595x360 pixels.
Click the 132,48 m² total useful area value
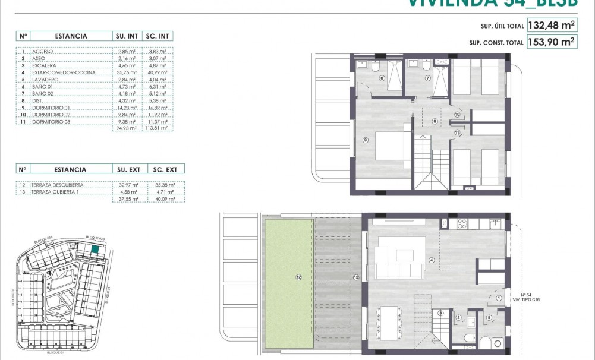click(x=551, y=26)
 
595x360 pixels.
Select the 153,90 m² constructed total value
click(x=551, y=42)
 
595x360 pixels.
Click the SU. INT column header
click(x=127, y=36)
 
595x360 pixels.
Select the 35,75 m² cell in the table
click(x=127, y=72)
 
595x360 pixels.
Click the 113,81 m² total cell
click(x=159, y=127)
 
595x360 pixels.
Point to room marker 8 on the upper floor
click(x=435, y=121)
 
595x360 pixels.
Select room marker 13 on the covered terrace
click(x=356, y=277)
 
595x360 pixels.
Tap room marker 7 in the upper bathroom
click(x=427, y=78)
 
